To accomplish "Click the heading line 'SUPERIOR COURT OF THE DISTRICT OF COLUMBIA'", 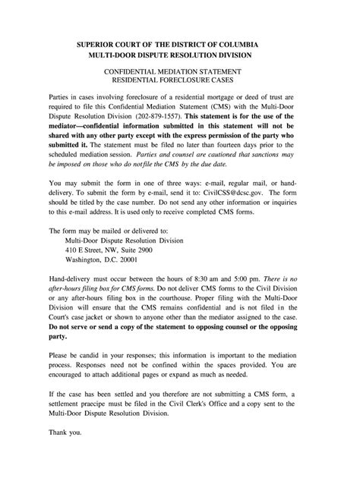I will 180,45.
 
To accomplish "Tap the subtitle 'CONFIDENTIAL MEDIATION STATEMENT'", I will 180,70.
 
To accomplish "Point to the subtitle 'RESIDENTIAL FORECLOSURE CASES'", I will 180,80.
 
